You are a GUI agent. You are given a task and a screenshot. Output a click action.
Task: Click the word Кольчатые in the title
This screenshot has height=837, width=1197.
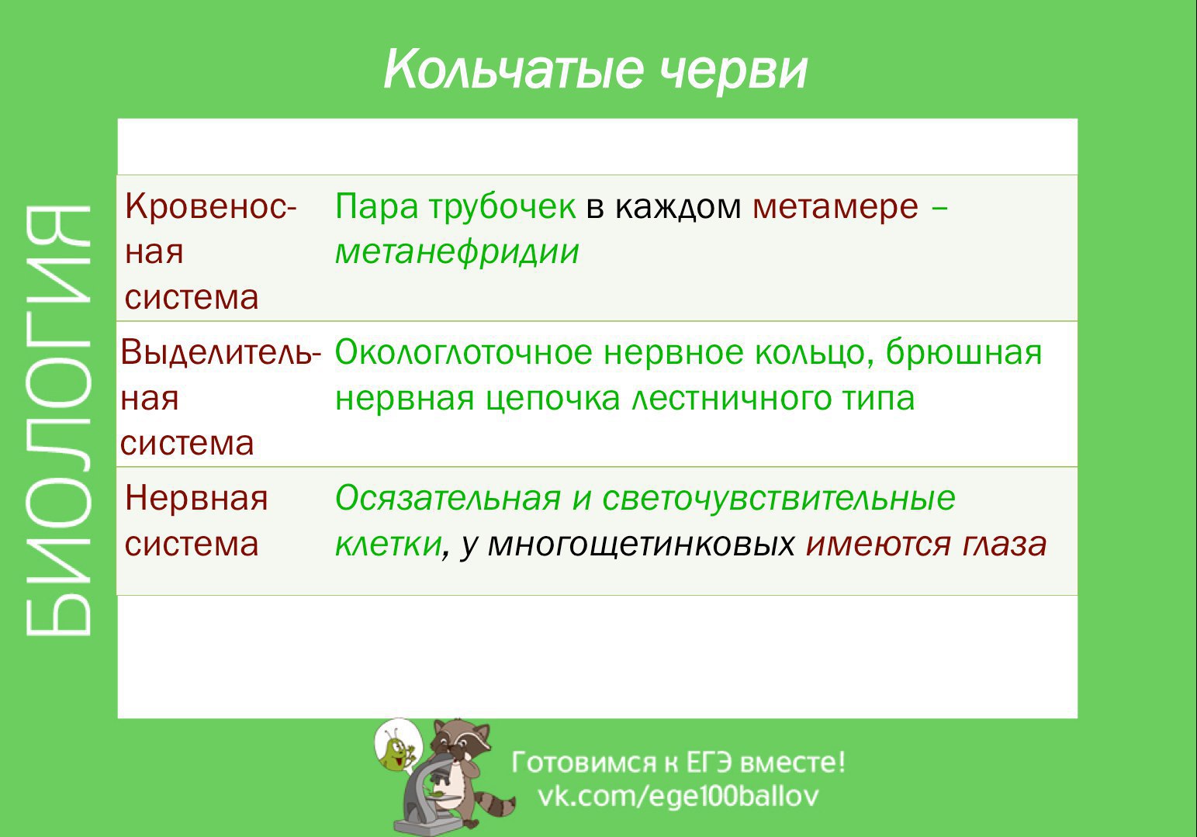click(x=513, y=70)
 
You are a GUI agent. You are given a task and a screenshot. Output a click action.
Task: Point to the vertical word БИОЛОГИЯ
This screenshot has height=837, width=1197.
click(x=57, y=420)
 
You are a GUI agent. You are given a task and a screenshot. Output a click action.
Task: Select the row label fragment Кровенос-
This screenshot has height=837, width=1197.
click(x=210, y=206)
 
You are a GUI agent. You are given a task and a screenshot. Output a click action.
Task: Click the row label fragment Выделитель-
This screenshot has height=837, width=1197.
click(x=220, y=353)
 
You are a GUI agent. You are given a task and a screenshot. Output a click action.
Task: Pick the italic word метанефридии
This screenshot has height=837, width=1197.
click(x=457, y=252)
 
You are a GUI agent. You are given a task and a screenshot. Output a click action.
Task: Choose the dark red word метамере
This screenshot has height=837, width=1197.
click(x=835, y=207)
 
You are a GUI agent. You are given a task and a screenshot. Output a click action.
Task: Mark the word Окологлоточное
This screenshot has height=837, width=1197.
click(x=463, y=353)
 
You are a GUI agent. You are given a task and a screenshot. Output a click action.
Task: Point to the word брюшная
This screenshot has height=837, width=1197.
click(x=964, y=353)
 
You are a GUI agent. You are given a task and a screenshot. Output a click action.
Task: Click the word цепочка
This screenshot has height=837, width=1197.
click(x=552, y=399)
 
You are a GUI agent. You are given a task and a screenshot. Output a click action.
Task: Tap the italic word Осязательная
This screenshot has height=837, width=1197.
click(x=448, y=499)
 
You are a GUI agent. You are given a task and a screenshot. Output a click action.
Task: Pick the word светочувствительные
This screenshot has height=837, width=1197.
click(x=779, y=499)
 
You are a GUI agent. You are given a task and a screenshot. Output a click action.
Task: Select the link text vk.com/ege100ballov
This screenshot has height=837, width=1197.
click(x=678, y=797)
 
